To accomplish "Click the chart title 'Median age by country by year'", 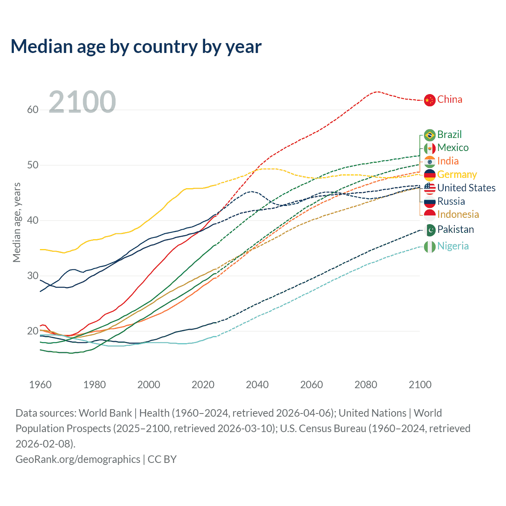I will click(x=136, y=47).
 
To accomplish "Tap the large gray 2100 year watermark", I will click(x=82, y=102).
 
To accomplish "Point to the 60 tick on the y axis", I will click(x=32, y=110).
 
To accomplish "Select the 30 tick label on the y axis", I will click(x=32, y=276).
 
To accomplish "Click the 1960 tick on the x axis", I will click(x=40, y=385).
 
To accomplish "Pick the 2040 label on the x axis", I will click(x=257, y=385).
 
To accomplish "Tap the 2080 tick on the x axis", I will click(x=366, y=385).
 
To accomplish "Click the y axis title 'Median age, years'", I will click(x=17, y=222).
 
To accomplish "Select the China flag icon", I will click(x=430, y=100).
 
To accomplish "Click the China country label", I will click(x=449, y=100).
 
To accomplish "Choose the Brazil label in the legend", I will click(x=449, y=135).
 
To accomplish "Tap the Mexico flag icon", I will click(x=430, y=149).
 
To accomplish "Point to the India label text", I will click(x=448, y=161).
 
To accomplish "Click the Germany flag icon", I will click(x=430, y=175).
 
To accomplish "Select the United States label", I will click(x=466, y=188).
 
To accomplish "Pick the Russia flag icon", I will click(x=430, y=202).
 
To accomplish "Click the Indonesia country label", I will click(x=458, y=215).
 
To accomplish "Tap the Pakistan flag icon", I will click(x=430, y=230).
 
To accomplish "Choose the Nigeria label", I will click(x=453, y=246).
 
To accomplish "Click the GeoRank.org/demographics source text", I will click(x=78, y=459).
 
